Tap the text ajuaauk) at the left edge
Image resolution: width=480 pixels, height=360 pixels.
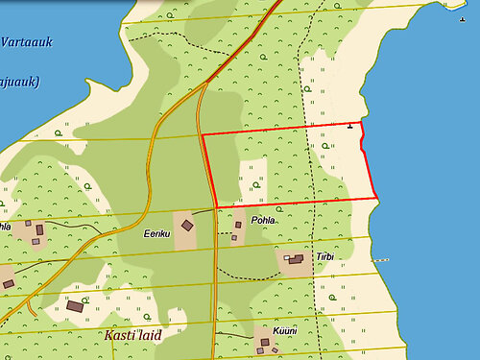(18, 82)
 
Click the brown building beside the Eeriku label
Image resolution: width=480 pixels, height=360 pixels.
(187, 226)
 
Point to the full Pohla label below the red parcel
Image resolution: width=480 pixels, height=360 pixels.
(262, 220)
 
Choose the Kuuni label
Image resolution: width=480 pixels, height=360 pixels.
(285, 330)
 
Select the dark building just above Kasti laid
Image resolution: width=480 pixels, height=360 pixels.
(75, 306)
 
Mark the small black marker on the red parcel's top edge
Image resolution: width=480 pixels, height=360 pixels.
(350, 125)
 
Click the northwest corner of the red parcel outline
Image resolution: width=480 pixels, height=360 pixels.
(202, 134)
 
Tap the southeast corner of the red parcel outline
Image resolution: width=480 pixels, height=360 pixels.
(375, 199)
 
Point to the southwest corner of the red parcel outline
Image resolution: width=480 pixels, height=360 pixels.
(215, 205)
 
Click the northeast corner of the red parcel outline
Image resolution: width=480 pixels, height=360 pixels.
(362, 123)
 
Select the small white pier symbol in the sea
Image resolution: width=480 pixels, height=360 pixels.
(382, 259)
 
